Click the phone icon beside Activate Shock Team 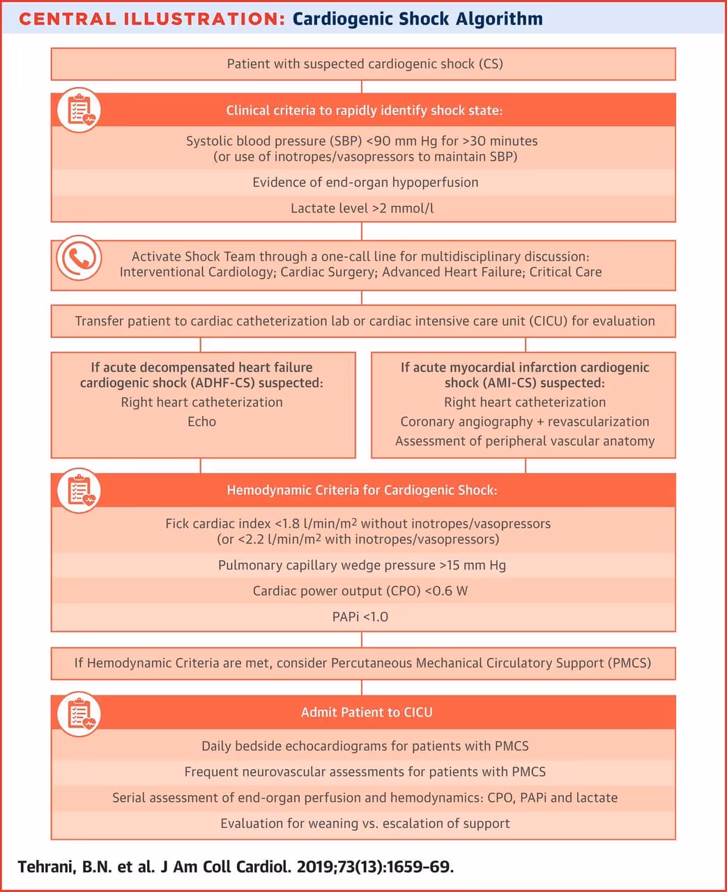point(79,258)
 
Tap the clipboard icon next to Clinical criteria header point(79,110)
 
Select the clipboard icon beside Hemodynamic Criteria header point(79,490)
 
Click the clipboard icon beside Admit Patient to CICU point(79,713)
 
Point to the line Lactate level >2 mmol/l point(362,208)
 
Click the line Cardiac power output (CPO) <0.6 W point(360,591)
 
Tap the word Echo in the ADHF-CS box point(202,422)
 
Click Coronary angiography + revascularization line point(525,422)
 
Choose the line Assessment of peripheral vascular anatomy point(525,441)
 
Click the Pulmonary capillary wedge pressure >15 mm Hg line point(362,565)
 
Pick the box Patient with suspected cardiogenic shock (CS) point(365,64)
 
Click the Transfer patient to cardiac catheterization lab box point(365,321)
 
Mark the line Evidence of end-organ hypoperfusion point(365,183)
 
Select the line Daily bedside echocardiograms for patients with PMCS point(365,746)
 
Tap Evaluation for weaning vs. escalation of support point(365,824)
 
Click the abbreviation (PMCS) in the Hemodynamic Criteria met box point(629,663)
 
